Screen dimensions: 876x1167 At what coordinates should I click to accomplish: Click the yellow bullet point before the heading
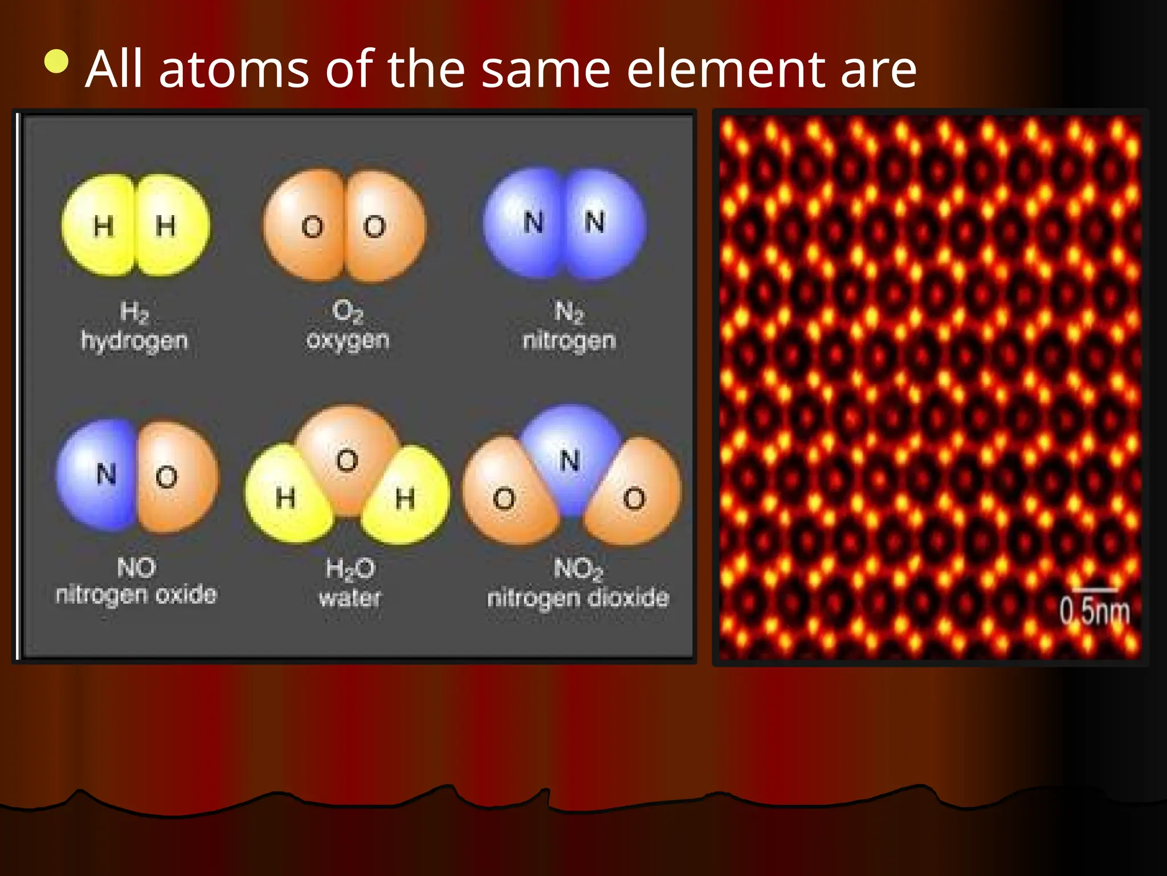[57, 62]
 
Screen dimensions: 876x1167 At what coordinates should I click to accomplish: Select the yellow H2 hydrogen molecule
[136, 226]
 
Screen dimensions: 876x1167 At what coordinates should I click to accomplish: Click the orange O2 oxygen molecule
[344, 226]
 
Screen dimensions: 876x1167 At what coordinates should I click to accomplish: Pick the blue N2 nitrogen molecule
[564, 224]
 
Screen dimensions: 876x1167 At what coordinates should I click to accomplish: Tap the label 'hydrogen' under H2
[134, 340]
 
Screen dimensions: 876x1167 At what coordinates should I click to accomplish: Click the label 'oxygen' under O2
[348, 340]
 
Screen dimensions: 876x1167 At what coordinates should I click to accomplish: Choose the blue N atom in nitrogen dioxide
[570, 453]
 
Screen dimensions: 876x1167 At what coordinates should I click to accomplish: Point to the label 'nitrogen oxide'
[136, 594]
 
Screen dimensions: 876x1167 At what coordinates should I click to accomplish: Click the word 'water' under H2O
[349, 598]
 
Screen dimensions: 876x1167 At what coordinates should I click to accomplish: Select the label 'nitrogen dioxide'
[578, 598]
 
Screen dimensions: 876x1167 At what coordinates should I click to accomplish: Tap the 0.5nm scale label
[1094, 610]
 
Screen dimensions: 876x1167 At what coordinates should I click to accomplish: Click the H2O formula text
[350, 569]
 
